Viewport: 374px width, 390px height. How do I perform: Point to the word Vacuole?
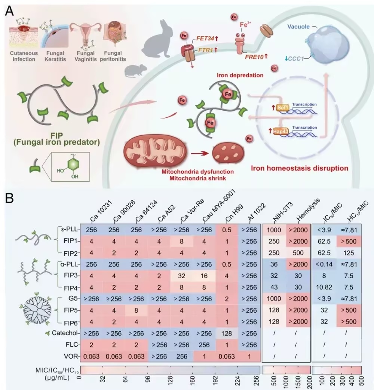(298, 27)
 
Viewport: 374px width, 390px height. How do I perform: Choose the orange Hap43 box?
(280, 131)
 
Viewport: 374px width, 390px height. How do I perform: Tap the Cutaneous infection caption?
(24, 56)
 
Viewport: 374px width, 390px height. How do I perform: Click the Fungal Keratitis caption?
(55, 56)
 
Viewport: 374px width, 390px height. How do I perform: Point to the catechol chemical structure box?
(70, 167)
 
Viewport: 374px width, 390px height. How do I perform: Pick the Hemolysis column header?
(308, 210)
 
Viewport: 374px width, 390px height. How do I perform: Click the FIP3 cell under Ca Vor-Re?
(181, 276)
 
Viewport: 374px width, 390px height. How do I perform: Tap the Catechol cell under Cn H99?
(227, 333)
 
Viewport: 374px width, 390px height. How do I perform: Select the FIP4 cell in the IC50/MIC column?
(324, 287)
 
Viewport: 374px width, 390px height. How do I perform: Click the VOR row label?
(71, 356)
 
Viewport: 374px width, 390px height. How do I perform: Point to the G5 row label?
(73, 298)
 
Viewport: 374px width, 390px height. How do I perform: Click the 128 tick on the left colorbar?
(170, 381)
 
